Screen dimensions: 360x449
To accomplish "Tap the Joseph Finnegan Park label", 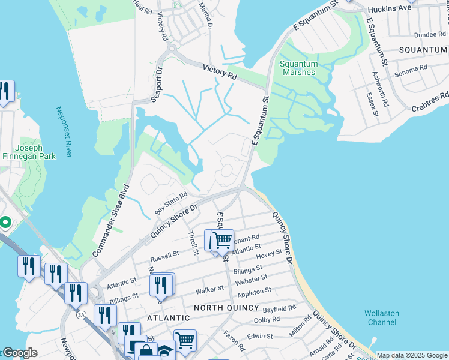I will [28, 152].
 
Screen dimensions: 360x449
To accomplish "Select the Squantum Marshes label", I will [298, 68].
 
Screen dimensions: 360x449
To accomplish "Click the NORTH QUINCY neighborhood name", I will [225, 307].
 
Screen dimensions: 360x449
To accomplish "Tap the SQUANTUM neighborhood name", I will [423, 49].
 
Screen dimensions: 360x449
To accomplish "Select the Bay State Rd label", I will [172, 202].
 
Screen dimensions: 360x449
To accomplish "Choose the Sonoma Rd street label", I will [410, 71].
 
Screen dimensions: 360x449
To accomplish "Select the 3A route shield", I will [81, 314].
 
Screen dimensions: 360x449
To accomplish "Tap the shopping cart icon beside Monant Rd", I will [221, 240].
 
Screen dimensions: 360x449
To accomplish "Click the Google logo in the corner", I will [19, 353].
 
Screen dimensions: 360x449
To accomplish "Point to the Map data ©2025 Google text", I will [412, 355].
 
